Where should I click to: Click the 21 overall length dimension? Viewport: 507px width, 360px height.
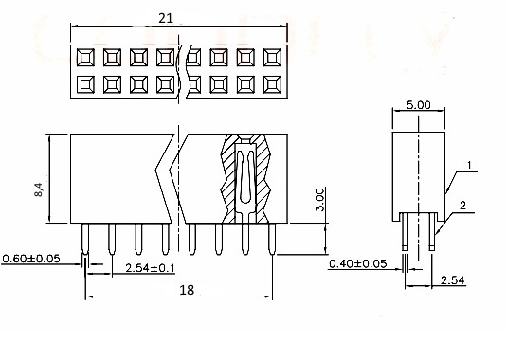166,18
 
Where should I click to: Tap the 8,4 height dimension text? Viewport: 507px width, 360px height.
38,189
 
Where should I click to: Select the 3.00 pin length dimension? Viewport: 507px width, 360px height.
319,199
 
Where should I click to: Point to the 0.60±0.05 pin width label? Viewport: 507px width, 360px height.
31,259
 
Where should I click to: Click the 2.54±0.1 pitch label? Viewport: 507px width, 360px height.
150,268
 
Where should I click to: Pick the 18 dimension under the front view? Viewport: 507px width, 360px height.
187,290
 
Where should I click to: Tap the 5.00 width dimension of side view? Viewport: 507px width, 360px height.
419,105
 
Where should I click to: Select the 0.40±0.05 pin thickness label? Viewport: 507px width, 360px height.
357,263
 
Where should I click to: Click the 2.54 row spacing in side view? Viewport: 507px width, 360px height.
452,279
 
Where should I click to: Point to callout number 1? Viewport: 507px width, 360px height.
469,166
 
